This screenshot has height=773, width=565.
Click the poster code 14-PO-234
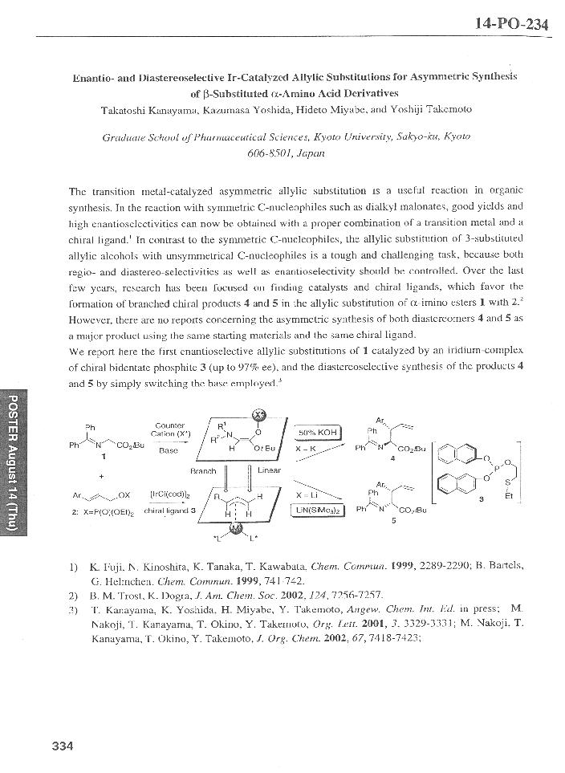coord(511,23)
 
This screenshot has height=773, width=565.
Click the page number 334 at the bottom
coord(63,746)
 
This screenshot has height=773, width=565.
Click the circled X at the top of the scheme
coord(258,414)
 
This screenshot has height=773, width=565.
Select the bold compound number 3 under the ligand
coord(482,498)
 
